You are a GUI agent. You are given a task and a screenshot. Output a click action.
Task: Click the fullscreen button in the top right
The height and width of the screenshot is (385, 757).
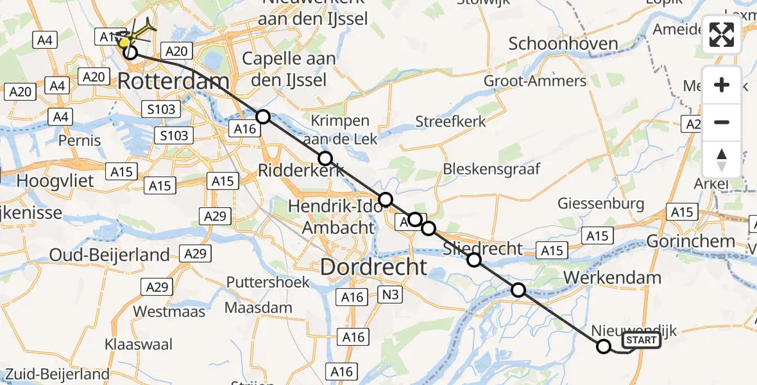[722, 35]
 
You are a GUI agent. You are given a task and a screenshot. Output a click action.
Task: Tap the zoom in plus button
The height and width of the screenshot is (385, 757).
[722, 85]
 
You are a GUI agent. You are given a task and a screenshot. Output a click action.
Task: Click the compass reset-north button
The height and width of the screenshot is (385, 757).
[722, 160]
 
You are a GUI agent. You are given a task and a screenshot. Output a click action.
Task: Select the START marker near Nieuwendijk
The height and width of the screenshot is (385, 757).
[641, 341]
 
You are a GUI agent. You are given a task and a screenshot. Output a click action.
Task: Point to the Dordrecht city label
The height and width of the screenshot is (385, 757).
[373, 267]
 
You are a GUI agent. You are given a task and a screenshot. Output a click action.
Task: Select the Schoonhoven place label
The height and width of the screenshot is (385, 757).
[563, 44]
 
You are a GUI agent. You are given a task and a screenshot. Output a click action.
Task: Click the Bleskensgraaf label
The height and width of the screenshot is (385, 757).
[491, 169]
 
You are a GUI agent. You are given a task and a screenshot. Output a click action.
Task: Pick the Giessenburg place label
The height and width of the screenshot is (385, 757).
[600, 204]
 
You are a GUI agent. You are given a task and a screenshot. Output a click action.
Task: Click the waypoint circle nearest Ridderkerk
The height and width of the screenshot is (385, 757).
[325, 158]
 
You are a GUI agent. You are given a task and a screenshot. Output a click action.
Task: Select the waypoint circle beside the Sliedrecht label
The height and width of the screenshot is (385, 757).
[473, 260]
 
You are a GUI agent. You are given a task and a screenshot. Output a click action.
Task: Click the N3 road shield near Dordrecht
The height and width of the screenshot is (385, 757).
[392, 296]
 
